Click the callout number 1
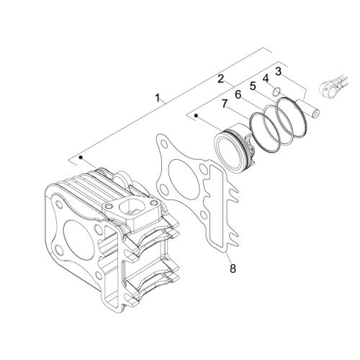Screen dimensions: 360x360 click(158, 98)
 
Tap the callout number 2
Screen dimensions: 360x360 click(220, 78)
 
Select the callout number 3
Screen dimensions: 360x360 click(278, 71)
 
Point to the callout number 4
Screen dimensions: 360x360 click(266, 78)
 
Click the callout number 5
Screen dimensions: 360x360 click(253, 86)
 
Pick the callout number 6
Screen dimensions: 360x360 click(238, 95)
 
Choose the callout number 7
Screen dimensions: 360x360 click(224, 104)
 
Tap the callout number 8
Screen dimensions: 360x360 click(233, 269)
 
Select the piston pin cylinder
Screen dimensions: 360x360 click(309, 109)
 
